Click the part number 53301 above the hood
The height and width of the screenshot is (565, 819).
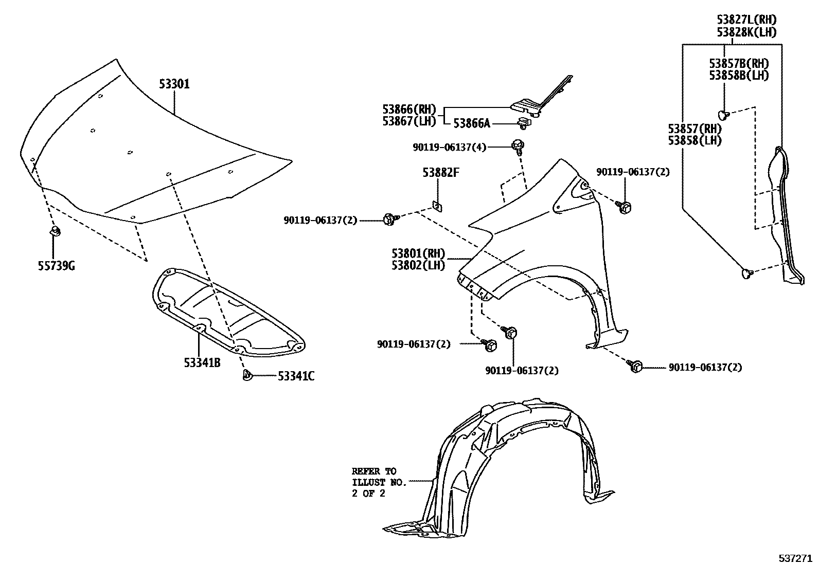tap(174, 84)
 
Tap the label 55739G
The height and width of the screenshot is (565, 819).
tap(56, 266)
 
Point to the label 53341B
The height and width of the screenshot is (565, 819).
tap(202, 363)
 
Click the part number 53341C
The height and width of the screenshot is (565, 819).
tap(296, 376)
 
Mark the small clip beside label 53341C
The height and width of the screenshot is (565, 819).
tap(246, 376)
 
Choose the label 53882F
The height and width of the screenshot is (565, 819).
tap(441, 173)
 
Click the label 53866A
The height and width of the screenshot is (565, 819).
tap(472, 123)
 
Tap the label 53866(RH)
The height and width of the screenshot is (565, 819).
tap(409, 110)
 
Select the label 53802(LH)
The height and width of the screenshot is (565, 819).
tap(418, 265)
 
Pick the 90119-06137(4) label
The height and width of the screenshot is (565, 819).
tap(449, 147)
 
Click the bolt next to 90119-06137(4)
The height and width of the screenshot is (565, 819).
tap(518, 145)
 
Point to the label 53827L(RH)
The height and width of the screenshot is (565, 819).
tap(746, 20)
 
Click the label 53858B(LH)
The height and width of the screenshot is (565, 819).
tap(739, 75)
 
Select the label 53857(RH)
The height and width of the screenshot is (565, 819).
tap(695, 129)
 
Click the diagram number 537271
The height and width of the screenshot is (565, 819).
tap(796, 558)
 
